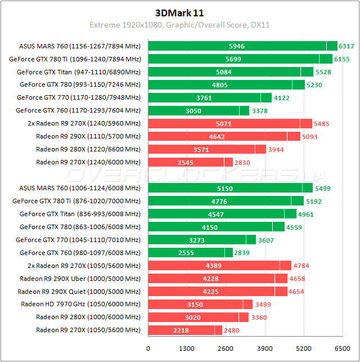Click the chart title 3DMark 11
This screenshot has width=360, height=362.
tap(179, 12)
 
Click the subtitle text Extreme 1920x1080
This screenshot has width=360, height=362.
tap(121, 25)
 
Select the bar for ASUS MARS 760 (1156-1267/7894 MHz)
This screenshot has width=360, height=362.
tap(242, 46)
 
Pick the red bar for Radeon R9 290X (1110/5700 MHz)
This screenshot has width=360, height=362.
tap(224, 136)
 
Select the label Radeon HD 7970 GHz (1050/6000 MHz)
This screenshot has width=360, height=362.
tap(80, 304)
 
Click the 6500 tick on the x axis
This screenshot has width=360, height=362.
tap(342, 348)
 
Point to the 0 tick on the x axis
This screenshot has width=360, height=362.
tap(148, 348)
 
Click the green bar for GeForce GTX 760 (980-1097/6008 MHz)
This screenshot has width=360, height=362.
tap(190, 252)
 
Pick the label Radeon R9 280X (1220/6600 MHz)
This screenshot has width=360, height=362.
tap(88, 149)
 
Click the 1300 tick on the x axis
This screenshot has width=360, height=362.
tap(187, 348)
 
